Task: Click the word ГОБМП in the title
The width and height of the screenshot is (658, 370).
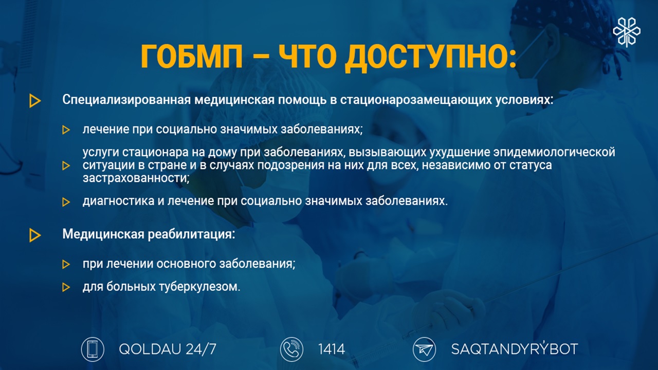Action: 192,57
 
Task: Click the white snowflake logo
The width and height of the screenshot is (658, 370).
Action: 627,32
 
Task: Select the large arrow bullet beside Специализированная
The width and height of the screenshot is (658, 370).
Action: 35,101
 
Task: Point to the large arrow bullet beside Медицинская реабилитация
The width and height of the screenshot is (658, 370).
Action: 35,235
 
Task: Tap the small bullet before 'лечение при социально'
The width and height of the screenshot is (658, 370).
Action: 66,130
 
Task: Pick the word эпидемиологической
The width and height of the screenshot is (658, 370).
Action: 554,152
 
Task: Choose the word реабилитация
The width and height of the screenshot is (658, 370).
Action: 190,234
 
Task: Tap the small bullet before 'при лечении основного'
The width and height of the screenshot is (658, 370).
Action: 66,264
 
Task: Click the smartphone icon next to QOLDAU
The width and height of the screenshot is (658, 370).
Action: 93,349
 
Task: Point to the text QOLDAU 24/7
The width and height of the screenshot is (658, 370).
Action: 168,349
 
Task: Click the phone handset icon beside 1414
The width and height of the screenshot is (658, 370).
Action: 291,349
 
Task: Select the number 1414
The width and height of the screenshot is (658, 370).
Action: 332,349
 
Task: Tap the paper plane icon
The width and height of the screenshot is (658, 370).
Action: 424,349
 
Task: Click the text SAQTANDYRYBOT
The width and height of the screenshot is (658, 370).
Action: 515,348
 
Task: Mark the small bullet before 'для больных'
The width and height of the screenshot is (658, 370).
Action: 66,287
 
